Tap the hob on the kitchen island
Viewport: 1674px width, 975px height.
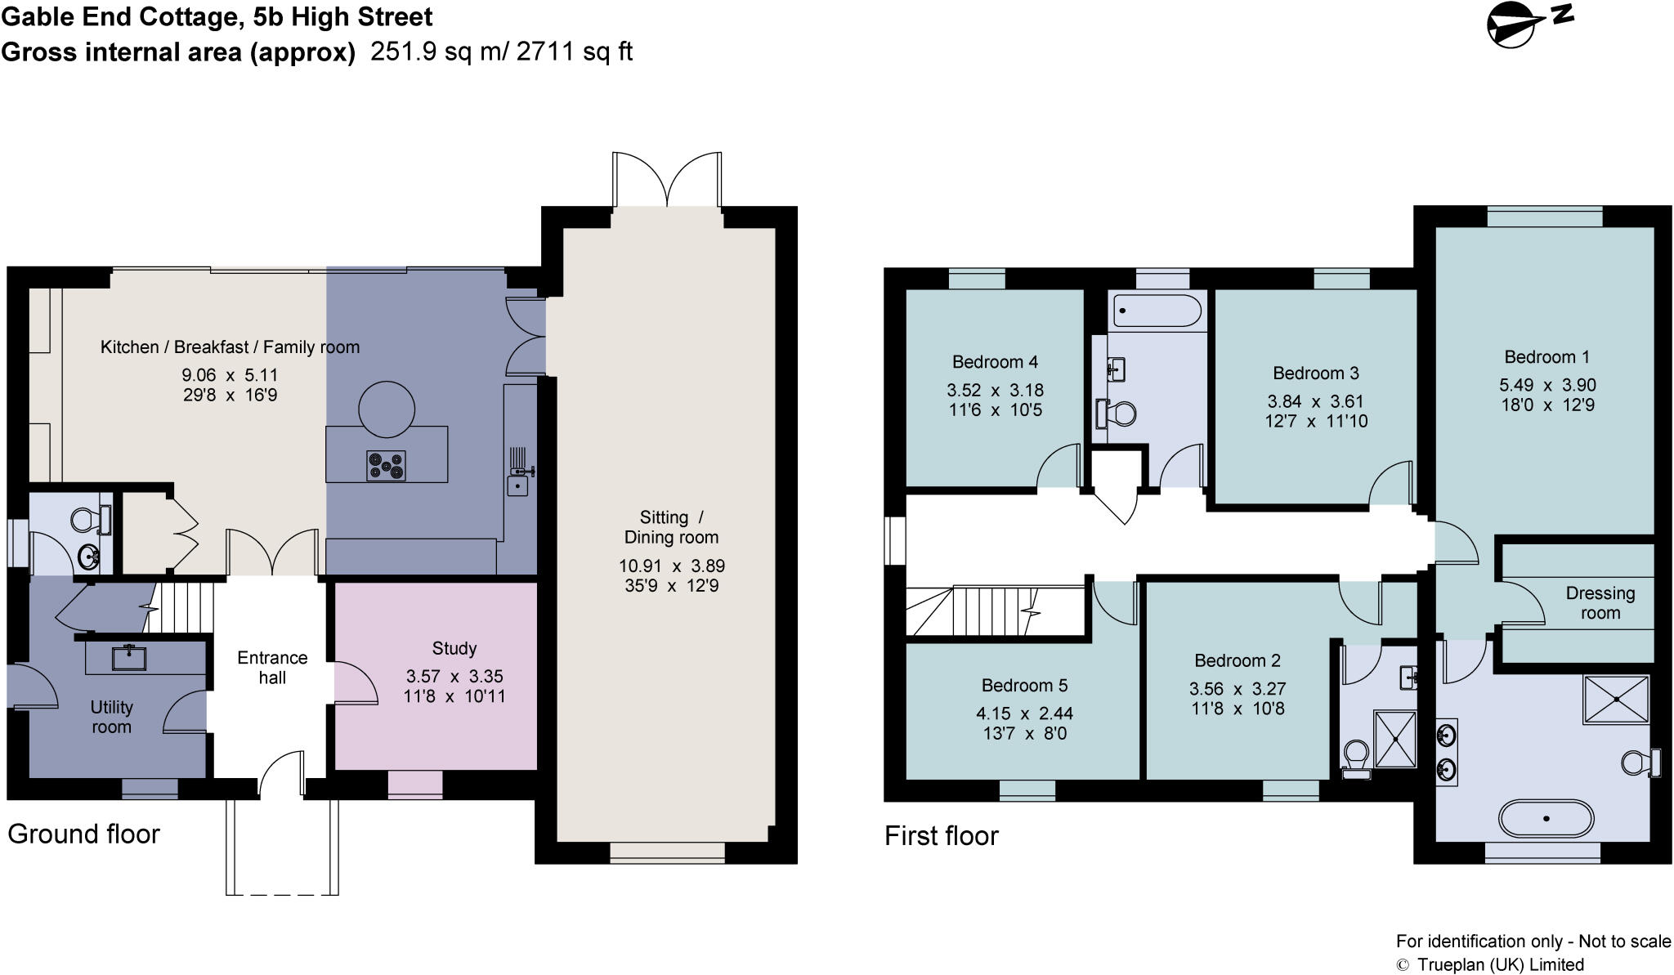[x=386, y=466]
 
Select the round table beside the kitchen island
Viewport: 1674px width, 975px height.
[x=386, y=409]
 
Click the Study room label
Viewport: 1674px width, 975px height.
[x=454, y=648]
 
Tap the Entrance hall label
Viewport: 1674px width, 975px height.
[x=272, y=668]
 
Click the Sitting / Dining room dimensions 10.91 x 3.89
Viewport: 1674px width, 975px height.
[x=671, y=566]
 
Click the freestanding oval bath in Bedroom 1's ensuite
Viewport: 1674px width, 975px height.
[x=1546, y=817]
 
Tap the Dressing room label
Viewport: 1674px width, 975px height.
[x=1600, y=603]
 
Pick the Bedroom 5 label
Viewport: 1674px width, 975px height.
[x=1024, y=685]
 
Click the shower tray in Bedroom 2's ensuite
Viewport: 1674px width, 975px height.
[x=1394, y=739]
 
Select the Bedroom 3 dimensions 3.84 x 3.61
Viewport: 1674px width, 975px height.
[x=1315, y=401]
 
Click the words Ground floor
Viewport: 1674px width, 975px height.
[x=83, y=834]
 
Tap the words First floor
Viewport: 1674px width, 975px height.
[x=941, y=835]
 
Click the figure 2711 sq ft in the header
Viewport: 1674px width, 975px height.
[x=575, y=51]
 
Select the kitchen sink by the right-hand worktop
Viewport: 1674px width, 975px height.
[x=517, y=485]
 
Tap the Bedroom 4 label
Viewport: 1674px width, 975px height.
[x=995, y=362]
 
